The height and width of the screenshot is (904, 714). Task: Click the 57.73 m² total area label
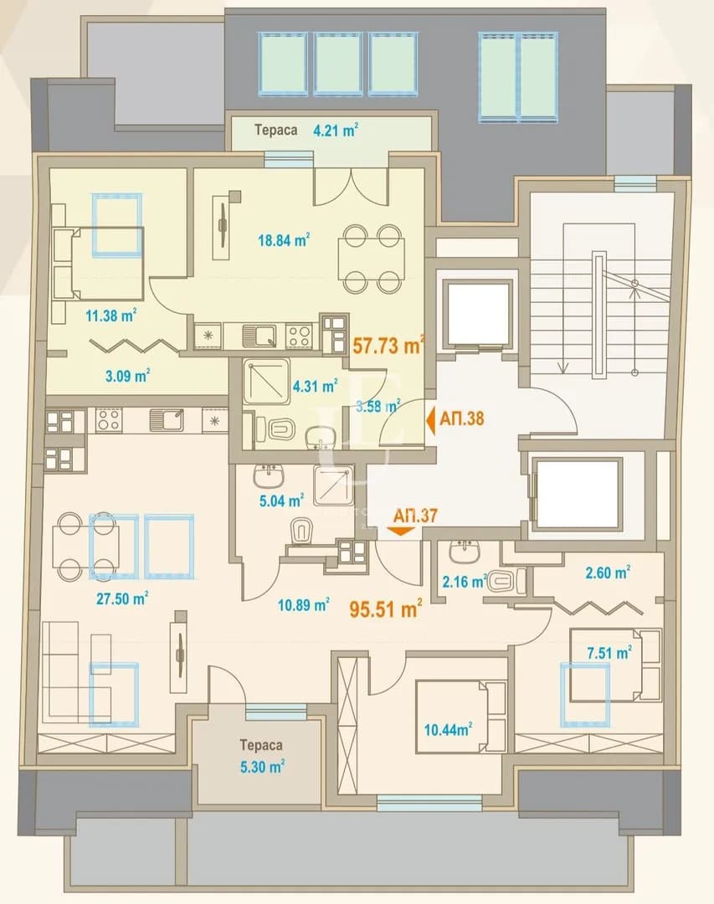point(388,346)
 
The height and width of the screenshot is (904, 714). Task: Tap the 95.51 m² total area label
point(386,609)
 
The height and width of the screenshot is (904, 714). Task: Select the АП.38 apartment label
point(461,418)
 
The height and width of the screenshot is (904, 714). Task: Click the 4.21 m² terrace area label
point(335,131)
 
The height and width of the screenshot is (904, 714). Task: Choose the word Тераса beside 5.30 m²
point(261,745)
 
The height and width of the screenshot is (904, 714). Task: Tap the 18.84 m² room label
point(284,240)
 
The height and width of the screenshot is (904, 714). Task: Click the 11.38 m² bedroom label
point(110,316)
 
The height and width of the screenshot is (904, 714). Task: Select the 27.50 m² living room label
point(121,598)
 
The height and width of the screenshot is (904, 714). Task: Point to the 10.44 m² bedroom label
point(448,730)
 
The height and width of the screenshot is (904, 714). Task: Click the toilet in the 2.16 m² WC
point(506,581)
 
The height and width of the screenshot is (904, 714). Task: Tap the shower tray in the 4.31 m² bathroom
point(266,381)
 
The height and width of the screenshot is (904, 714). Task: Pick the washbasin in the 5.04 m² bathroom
point(268,475)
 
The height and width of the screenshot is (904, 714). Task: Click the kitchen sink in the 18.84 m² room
point(259,336)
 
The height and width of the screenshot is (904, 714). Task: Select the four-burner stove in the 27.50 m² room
point(109,419)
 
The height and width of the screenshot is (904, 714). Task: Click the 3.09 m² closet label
point(127,377)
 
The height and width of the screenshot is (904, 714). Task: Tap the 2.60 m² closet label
point(607,573)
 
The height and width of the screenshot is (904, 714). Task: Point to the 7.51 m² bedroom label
point(609,653)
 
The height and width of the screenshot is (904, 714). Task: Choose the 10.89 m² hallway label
point(303,605)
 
